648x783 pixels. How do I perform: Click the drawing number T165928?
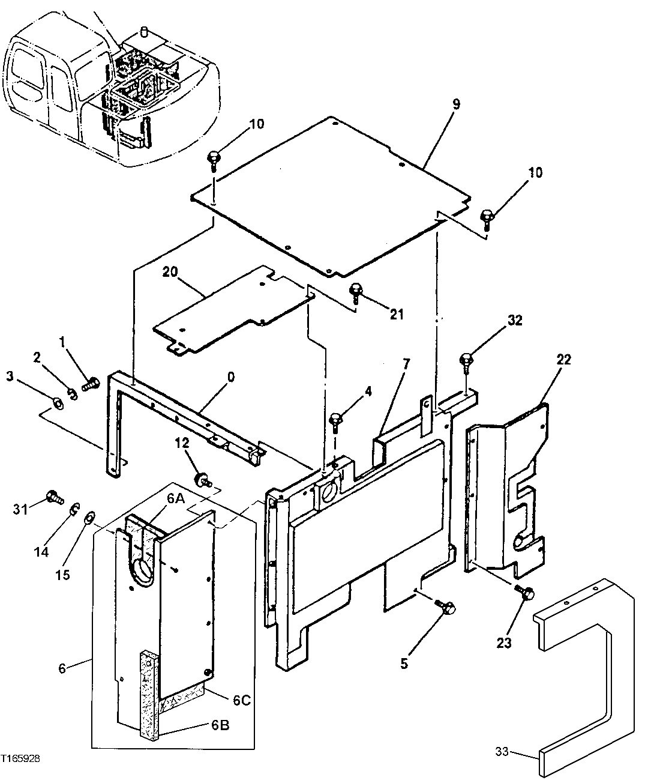(x=21, y=759)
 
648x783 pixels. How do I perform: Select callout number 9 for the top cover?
(x=456, y=104)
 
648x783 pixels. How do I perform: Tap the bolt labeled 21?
(x=356, y=291)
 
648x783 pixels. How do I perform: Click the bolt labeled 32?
(x=467, y=361)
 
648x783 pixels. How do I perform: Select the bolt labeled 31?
(x=53, y=497)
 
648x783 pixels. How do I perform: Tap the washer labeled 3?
(x=58, y=402)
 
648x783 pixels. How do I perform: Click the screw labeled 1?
(x=91, y=383)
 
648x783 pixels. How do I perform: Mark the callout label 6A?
(x=175, y=497)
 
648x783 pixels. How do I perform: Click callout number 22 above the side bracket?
(x=563, y=360)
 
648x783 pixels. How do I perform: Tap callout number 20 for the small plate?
(x=170, y=272)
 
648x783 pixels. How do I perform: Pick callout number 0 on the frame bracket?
(x=230, y=377)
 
